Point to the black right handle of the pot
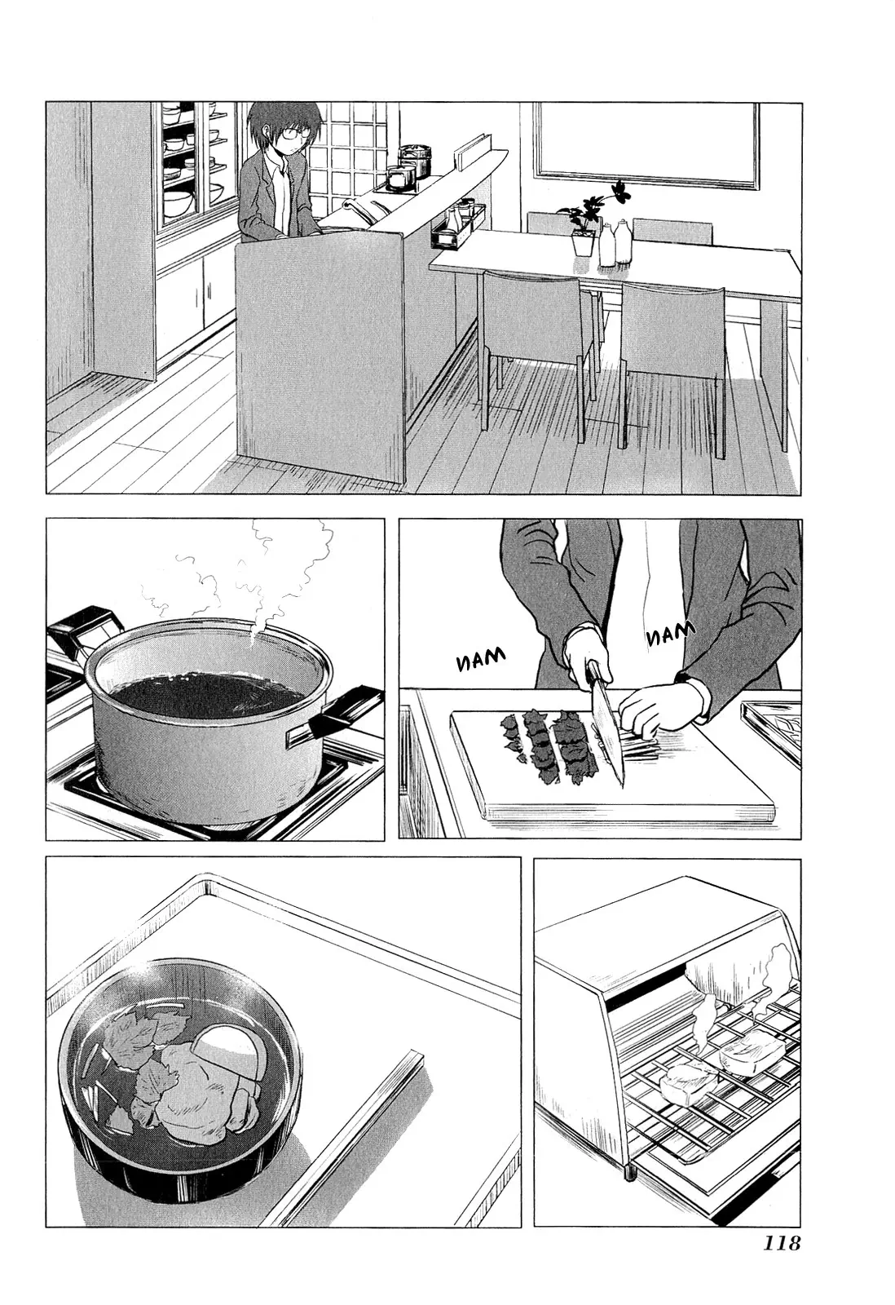[335, 710]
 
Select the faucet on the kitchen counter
[362, 208]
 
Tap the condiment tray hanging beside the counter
[457, 225]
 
